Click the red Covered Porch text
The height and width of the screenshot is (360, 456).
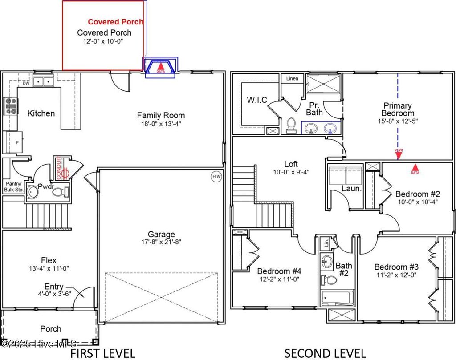[115, 21]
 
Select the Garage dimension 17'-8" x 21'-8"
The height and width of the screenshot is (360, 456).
[161, 242]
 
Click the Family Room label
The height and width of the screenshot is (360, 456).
[161, 115]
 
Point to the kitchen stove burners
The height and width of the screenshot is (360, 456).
[10, 106]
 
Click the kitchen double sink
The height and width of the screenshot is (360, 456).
[44, 81]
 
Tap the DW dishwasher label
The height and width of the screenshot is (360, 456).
[26, 83]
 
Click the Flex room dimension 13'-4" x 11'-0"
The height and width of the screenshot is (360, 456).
[49, 268]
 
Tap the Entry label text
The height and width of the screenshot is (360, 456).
[53, 287]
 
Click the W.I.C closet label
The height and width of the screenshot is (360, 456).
[257, 100]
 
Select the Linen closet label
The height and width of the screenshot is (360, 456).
[292, 79]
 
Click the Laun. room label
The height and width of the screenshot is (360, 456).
[351, 189]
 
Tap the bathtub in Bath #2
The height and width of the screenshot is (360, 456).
[337, 297]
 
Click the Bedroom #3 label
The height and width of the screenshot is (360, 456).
[396, 267]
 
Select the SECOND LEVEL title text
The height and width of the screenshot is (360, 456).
[325, 353]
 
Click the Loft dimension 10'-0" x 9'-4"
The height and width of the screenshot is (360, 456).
[291, 172]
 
